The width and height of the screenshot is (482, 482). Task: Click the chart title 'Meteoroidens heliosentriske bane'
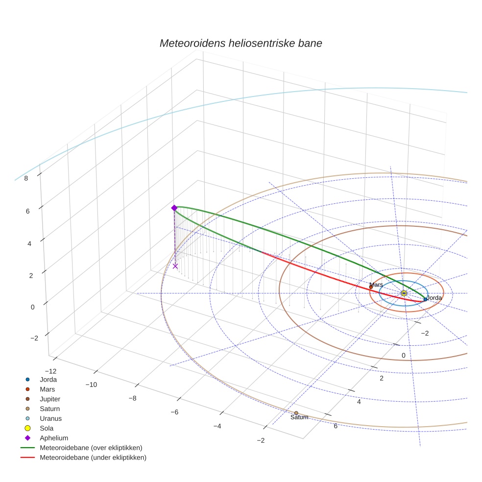point(241,43)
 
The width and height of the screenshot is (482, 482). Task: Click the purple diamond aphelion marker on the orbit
point(174,208)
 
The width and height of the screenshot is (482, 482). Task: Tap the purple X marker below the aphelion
point(175,266)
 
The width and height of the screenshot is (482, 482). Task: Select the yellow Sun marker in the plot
point(404,293)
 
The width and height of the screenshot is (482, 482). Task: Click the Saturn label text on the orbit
point(299,417)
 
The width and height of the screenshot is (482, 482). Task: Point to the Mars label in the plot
point(376,285)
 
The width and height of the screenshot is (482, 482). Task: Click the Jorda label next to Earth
point(434,298)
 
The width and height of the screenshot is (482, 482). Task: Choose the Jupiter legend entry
point(50,399)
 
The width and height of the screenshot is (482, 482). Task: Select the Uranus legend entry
point(50,418)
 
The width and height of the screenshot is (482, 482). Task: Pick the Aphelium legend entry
point(54,438)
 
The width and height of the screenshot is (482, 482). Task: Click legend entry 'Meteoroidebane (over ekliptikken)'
point(91,448)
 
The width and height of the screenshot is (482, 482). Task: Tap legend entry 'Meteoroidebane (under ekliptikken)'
point(93,458)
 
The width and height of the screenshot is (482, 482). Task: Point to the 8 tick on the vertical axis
point(26,178)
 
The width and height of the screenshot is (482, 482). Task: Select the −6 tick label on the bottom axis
point(174,412)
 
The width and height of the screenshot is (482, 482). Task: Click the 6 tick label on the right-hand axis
point(336,426)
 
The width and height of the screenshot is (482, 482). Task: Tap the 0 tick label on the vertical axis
point(33,307)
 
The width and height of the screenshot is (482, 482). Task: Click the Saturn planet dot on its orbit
point(296,413)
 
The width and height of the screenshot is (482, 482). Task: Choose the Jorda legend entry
point(48,379)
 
